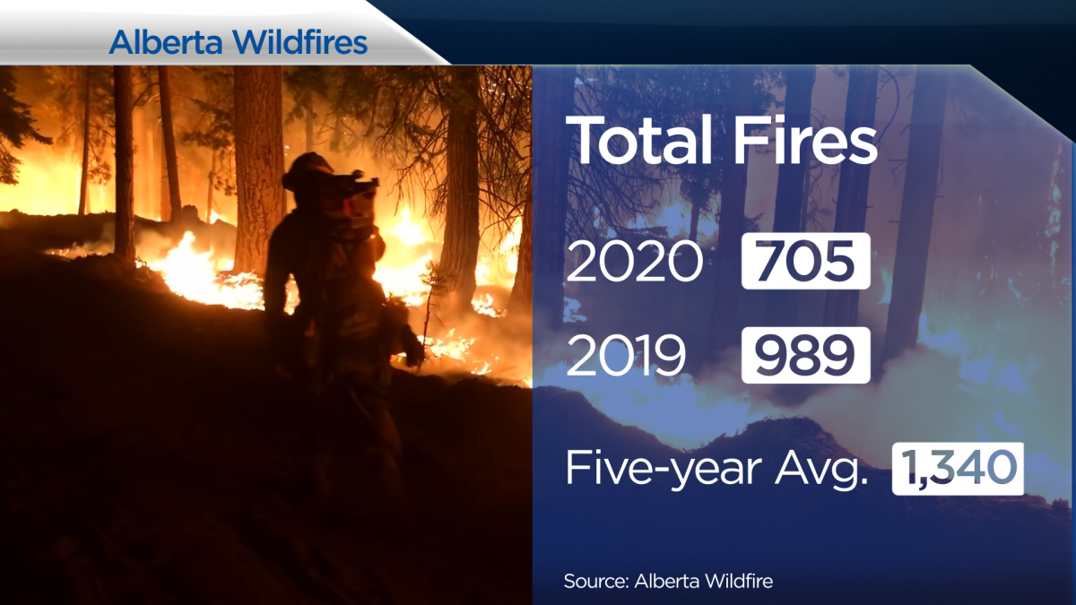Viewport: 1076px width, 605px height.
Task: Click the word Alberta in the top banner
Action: click(166, 42)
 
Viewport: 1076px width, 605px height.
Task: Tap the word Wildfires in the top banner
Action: click(301, 42)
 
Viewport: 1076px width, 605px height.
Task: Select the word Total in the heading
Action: click(638, 141)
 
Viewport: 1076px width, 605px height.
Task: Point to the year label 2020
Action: click(634, 261)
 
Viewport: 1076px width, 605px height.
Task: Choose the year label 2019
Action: click(626, 355)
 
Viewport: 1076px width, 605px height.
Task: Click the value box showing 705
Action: click(805, 261)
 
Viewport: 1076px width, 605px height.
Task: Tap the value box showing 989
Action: click(805, 355)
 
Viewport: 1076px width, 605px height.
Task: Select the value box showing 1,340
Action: click(958, 469)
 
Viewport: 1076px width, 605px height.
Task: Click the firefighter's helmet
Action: click(308, 171)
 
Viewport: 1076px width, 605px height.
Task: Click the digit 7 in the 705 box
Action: click(771, 261)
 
